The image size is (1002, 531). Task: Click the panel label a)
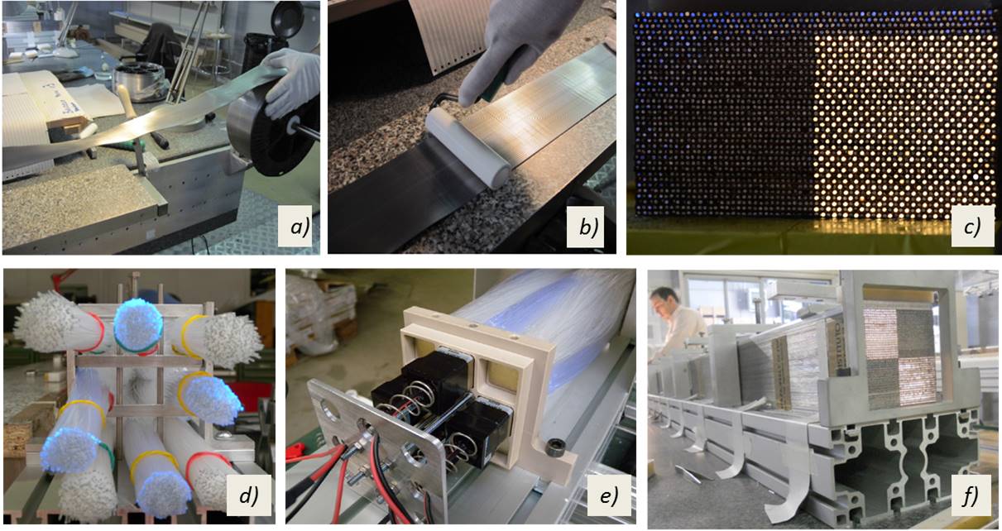(299, 227)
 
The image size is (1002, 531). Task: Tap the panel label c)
(971, 227)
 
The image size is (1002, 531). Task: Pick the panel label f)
(971, 495)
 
